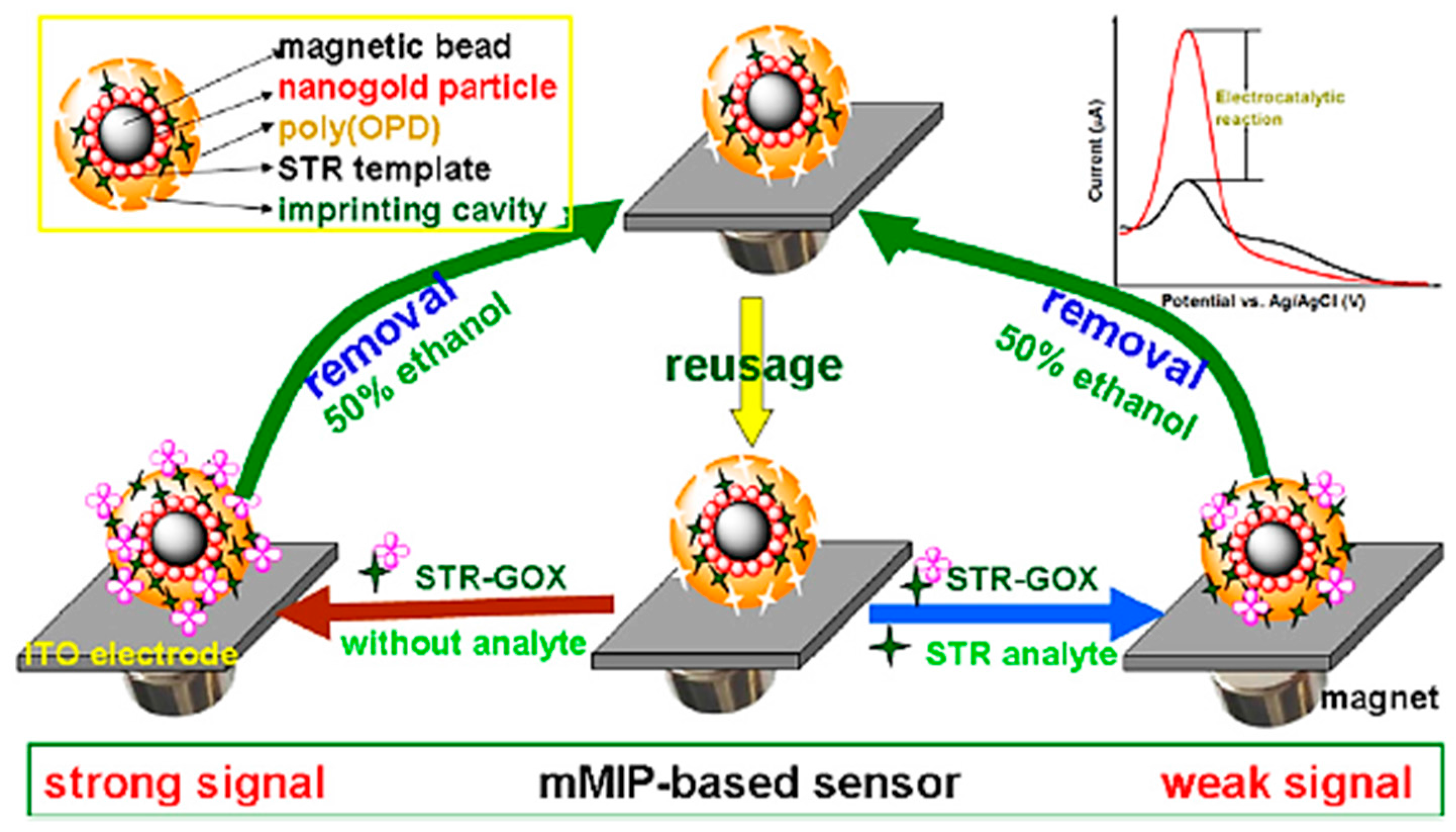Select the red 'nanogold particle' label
click(x=417, y=88)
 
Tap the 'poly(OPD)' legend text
click(x=359, y=129)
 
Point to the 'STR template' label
click(x=384, y=169)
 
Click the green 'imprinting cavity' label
click(x=412, y=211)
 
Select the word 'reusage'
click(x=753, y=366)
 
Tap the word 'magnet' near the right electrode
click(x=1380, y=698)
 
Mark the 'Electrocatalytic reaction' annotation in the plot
click(x=1279, y=109)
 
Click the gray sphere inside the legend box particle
click(x=126, y=133)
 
